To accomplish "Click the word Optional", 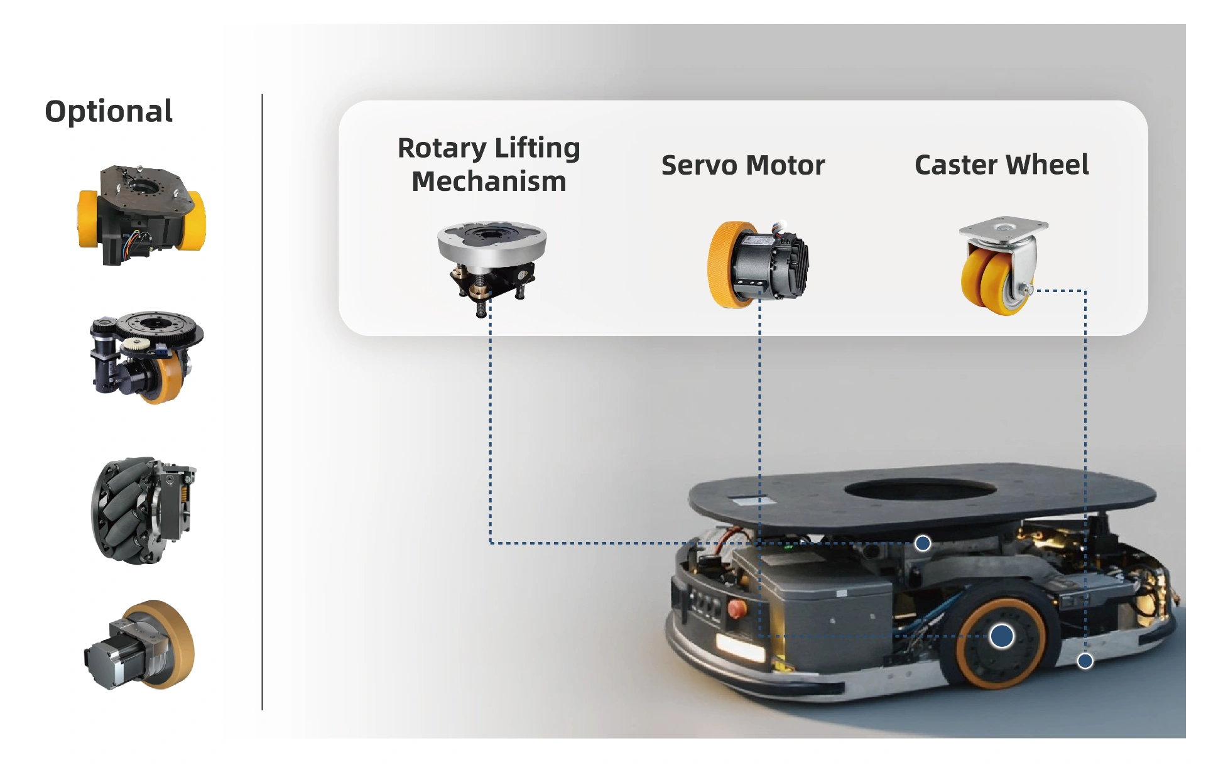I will pyautogui.click(x=109, y=111).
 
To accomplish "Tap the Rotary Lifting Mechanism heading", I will pyautogui.click(x=489, y=165).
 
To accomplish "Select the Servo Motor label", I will pyautogui.click(x=742, y=165).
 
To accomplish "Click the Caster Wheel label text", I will pyautogui.click(x=1001, y=165).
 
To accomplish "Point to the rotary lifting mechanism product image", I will pyautogui.click(x=491, y=264).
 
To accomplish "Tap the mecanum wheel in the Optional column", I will pyautogui.click(x=143, y=510).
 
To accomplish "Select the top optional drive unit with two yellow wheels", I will pyautogui.click(x=141, y=215).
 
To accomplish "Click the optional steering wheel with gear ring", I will pyautogui.click(x=146, y=356).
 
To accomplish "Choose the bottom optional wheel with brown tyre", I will pyautogui.click(x=141, y=645).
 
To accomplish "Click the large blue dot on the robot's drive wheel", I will pyautogui.click(x=1001, y=636).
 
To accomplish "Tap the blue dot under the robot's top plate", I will pyautogui.click(x=922, y=543).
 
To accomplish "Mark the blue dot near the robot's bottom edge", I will pyautogui.click(x=1085, y=661).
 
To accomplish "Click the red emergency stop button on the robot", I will pyautogui.click(x=736, y=608).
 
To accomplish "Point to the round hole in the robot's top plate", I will pyautogui.click(x=920, y=489).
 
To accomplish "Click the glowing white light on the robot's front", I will pyautogui.click(x=740, y=647).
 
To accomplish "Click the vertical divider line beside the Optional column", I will pyautogui.click(x=262, y=402).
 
